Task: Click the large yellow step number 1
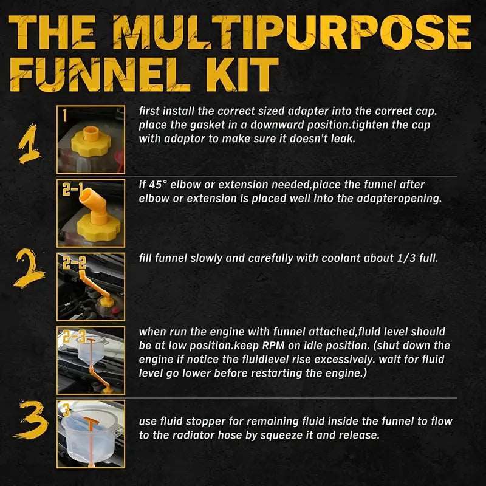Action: [x=28, y=143]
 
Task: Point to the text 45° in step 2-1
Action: [x=159, y=186]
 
